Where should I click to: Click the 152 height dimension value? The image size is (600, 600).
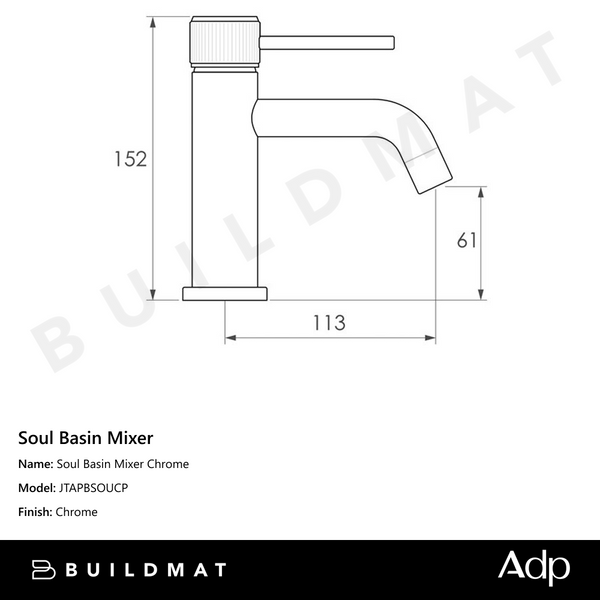click(130, 159)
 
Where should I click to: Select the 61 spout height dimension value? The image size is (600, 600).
click(467, 241)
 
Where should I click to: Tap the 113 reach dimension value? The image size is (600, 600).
click(329, 322)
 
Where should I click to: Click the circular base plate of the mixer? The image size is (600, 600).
click(225, 293)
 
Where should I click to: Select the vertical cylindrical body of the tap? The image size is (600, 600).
click(224, 180)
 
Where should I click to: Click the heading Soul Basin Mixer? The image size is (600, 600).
click(86, 437)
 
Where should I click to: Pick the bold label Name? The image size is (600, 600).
click(36, 464)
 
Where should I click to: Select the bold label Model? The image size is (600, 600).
click(37, 488)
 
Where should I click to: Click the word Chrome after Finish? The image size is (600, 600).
click(77, 512)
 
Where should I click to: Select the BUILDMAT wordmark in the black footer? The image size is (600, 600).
click(146, 569)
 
